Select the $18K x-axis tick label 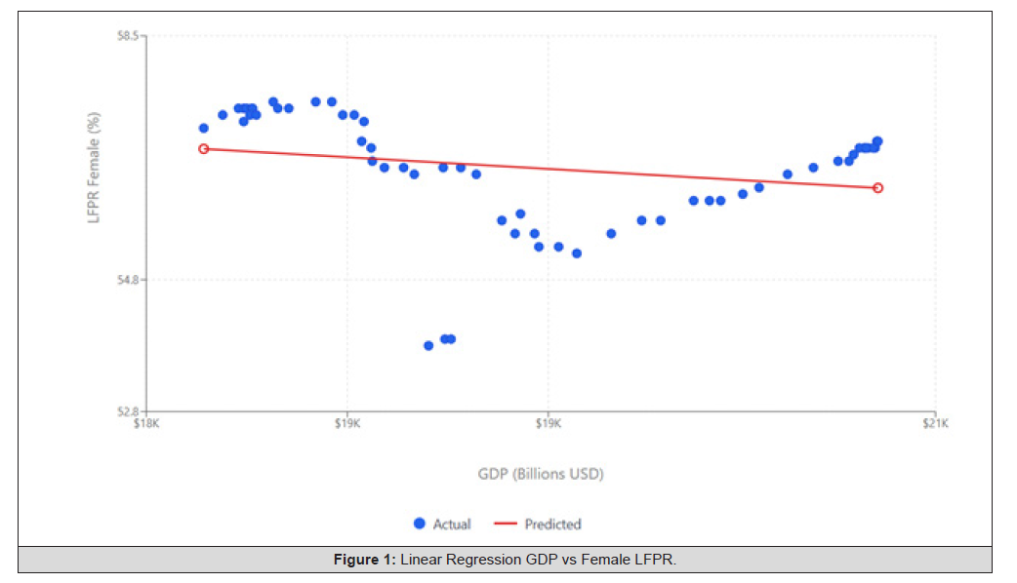[x=146, y=423]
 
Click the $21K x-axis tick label [x=936, y=423]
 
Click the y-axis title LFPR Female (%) [x=95, y=169]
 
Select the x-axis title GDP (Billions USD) [x=541, y=474]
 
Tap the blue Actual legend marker [x=420, y=524]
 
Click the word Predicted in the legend [x=552, y=524]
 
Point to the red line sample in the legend [x=505, y=524]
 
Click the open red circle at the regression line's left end [x=204, y=148]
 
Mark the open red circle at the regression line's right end [x=877, y=187]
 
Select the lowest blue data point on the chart [x=428, y=345]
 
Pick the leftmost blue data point [x=204, y=128]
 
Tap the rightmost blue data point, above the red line [x=877, y=141]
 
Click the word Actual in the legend [x=452, y=524]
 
